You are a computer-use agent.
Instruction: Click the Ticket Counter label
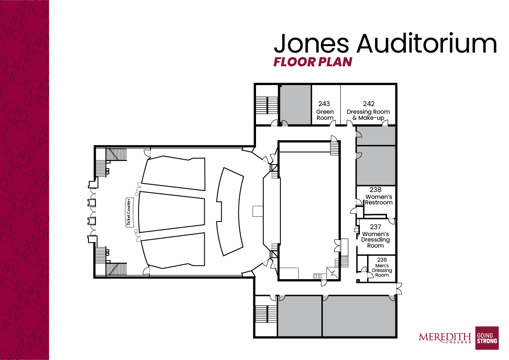point(129,212)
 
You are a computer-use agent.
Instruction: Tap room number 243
point(324,104)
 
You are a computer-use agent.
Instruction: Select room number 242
point(369,104)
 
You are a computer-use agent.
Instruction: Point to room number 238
point(375,189)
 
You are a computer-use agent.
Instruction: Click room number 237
point(375,227)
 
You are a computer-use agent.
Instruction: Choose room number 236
point(382,260)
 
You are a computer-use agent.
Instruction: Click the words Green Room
point(325,115)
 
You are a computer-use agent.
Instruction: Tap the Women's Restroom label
point(379,200)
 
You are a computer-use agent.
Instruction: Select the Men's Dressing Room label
point(382,270)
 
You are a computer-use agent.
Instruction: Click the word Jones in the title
point(311,44)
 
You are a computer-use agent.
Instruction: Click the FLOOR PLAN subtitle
point(313,62)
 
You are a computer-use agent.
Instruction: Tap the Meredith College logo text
point(445,338)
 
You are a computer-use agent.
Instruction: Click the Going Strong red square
point(487,338)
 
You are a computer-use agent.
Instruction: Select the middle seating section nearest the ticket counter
point(172,212)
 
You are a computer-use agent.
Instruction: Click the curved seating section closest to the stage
point(230,212)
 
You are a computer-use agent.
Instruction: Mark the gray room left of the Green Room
point(295,105)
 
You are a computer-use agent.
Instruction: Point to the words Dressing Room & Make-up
point(368,115)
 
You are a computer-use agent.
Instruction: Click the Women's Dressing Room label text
point(375,239)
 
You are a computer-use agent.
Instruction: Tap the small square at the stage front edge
point(258,211)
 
